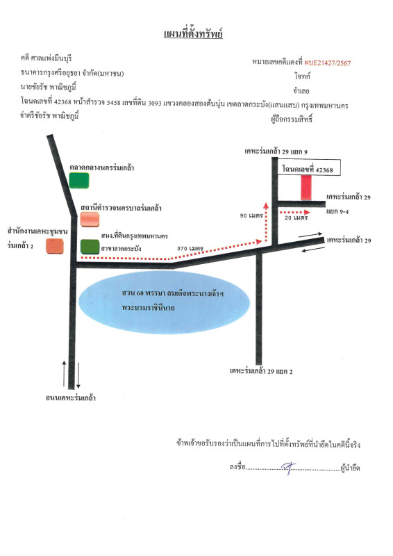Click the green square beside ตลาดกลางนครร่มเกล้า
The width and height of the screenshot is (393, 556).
click(x=79, y=181)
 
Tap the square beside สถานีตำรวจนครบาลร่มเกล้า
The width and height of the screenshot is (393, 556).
click(x=90, y=219)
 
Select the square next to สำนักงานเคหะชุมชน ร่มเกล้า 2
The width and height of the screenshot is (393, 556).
click(x=54, y=246)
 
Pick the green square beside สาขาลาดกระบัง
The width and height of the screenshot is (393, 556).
click(x=89, y=247)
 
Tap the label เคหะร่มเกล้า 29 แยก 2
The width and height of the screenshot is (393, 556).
click(x=261, y=372)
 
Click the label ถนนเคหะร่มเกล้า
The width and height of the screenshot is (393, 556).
click(x=70, y=398)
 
